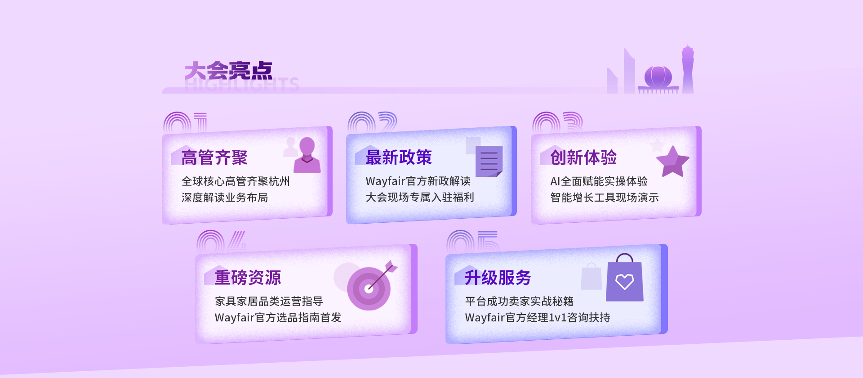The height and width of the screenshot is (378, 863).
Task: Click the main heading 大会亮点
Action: point(228,71)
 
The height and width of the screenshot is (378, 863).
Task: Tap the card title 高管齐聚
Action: point(214,158)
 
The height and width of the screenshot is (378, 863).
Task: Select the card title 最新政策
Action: point(399,157)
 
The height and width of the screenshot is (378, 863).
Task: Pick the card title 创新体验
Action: point(583,157)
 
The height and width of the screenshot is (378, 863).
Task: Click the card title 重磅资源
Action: point(248,278)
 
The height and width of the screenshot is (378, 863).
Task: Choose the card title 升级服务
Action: point(498,278)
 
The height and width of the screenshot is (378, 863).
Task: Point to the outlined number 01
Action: point(185,123)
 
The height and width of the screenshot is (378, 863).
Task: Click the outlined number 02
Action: point(373,123)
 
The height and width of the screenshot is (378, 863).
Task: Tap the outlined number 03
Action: point(557,123)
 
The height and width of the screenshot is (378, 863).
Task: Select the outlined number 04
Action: point(222,242)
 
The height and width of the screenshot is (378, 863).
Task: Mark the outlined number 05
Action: point(473,242)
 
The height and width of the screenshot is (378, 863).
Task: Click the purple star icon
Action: point(672,161)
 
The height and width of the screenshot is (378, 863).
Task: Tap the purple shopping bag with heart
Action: point(625,278)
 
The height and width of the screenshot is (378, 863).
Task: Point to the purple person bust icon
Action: point(307,155)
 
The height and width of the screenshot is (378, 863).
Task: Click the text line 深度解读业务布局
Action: point(225,198)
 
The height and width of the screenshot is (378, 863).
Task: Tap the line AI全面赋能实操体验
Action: point(599,181)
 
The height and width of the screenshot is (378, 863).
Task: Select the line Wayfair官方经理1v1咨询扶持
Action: point(538,318)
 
